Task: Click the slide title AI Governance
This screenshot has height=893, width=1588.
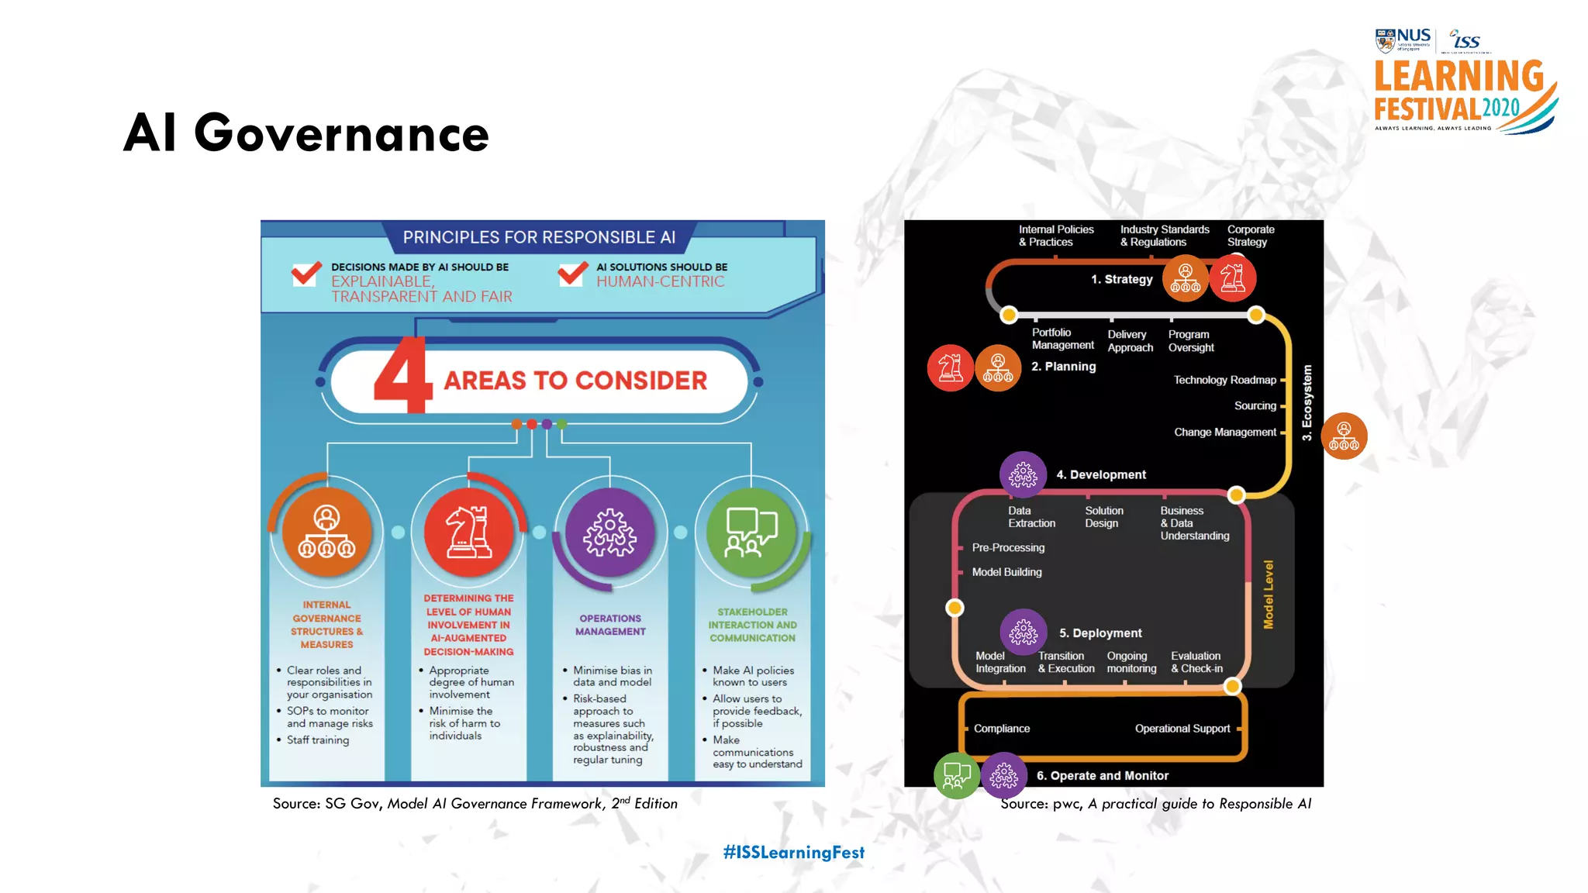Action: (x=306, y=133)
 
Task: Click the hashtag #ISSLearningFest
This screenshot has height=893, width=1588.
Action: (x=793, y=852)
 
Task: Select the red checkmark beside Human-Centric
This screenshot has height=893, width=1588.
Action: (x=573, y=274)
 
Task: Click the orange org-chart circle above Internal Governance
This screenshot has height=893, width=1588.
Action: (x=326, y=532)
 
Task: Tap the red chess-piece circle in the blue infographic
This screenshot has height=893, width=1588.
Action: (x=468, y=532)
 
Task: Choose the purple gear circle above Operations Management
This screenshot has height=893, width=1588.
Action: (x=610, y=532)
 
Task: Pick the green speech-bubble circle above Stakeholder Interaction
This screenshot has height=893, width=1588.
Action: (x=751, y=532)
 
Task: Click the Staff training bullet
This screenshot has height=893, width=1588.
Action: (x=318, y=740)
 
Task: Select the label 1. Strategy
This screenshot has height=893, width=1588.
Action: (x=1121, y=279)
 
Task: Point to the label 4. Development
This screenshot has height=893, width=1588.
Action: (x=1100, y=474)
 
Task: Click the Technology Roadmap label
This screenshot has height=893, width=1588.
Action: (x=1224, y=380)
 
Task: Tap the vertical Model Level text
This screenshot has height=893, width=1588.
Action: (x=1269, y=595)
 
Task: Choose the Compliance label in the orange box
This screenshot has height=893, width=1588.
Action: (x=1002, y=729)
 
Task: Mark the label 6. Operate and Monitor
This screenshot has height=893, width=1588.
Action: (x=1102, y=775)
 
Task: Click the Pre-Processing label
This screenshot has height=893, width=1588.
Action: (x=1008, y=547)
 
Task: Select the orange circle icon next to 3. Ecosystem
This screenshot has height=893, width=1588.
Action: (x=1344, y=436)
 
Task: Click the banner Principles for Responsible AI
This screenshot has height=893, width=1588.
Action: (x=539, y=237)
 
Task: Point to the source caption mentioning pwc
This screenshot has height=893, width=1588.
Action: (x=1155, y=804)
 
